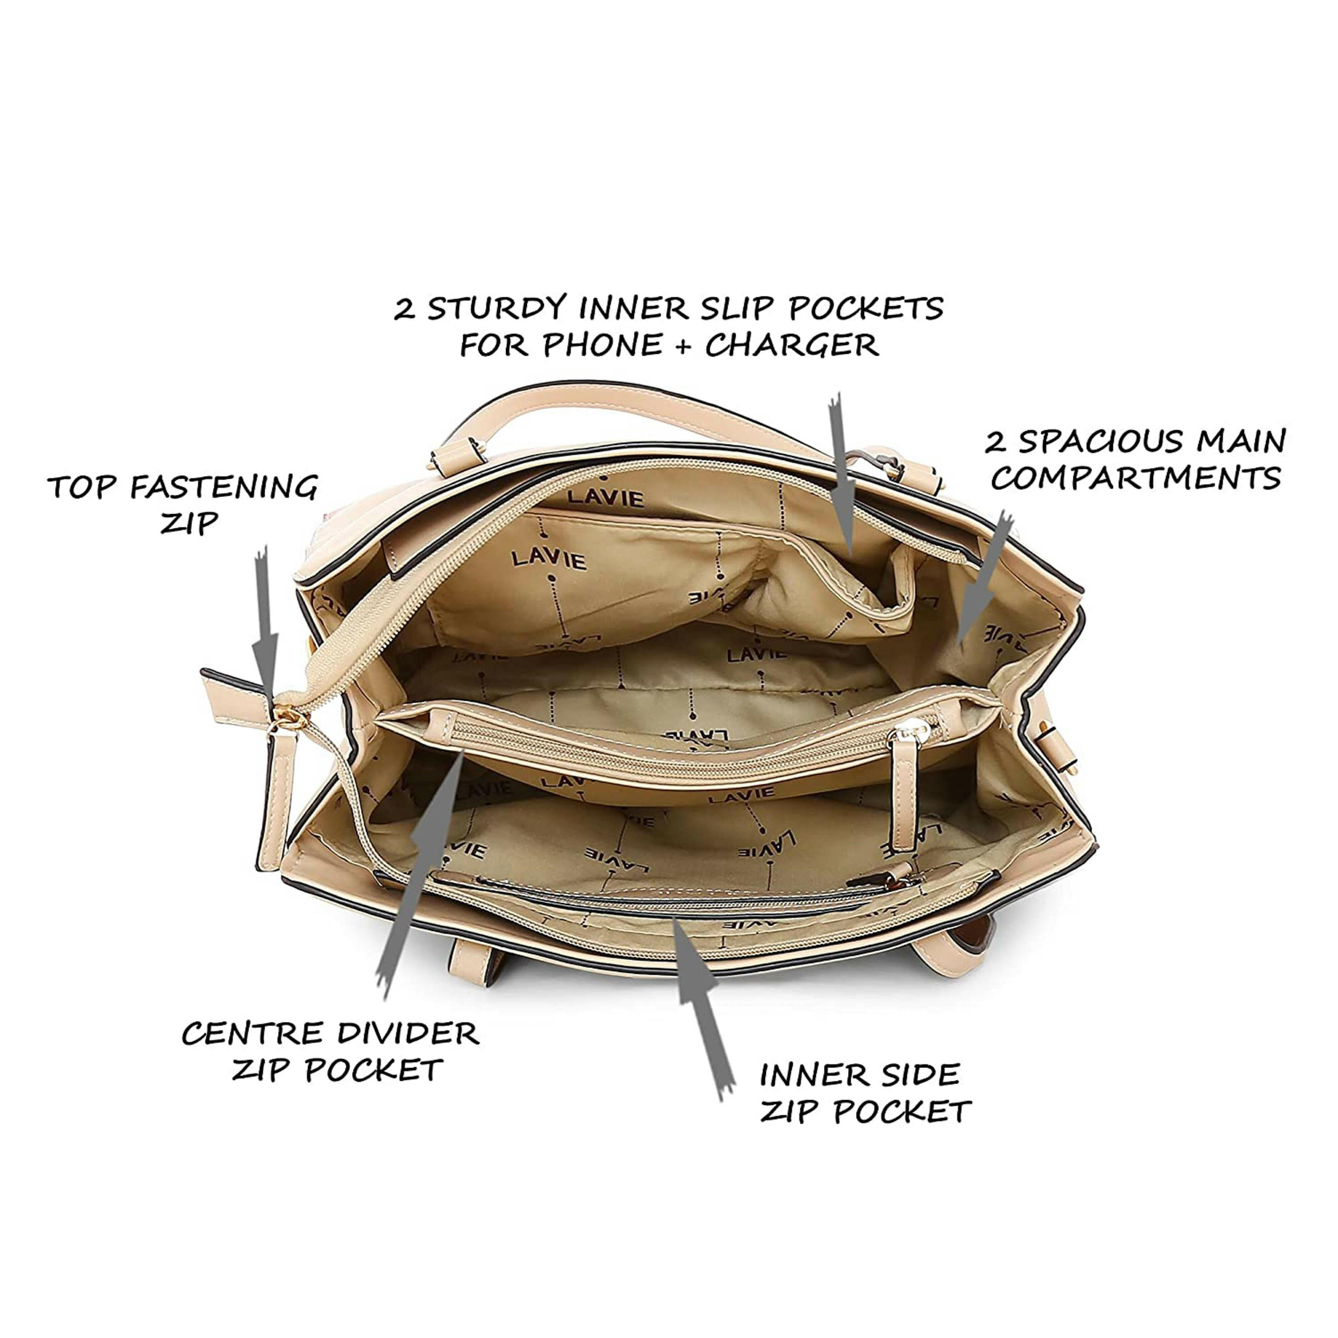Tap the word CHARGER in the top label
(792, 345)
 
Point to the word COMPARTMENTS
(1136, 478)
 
